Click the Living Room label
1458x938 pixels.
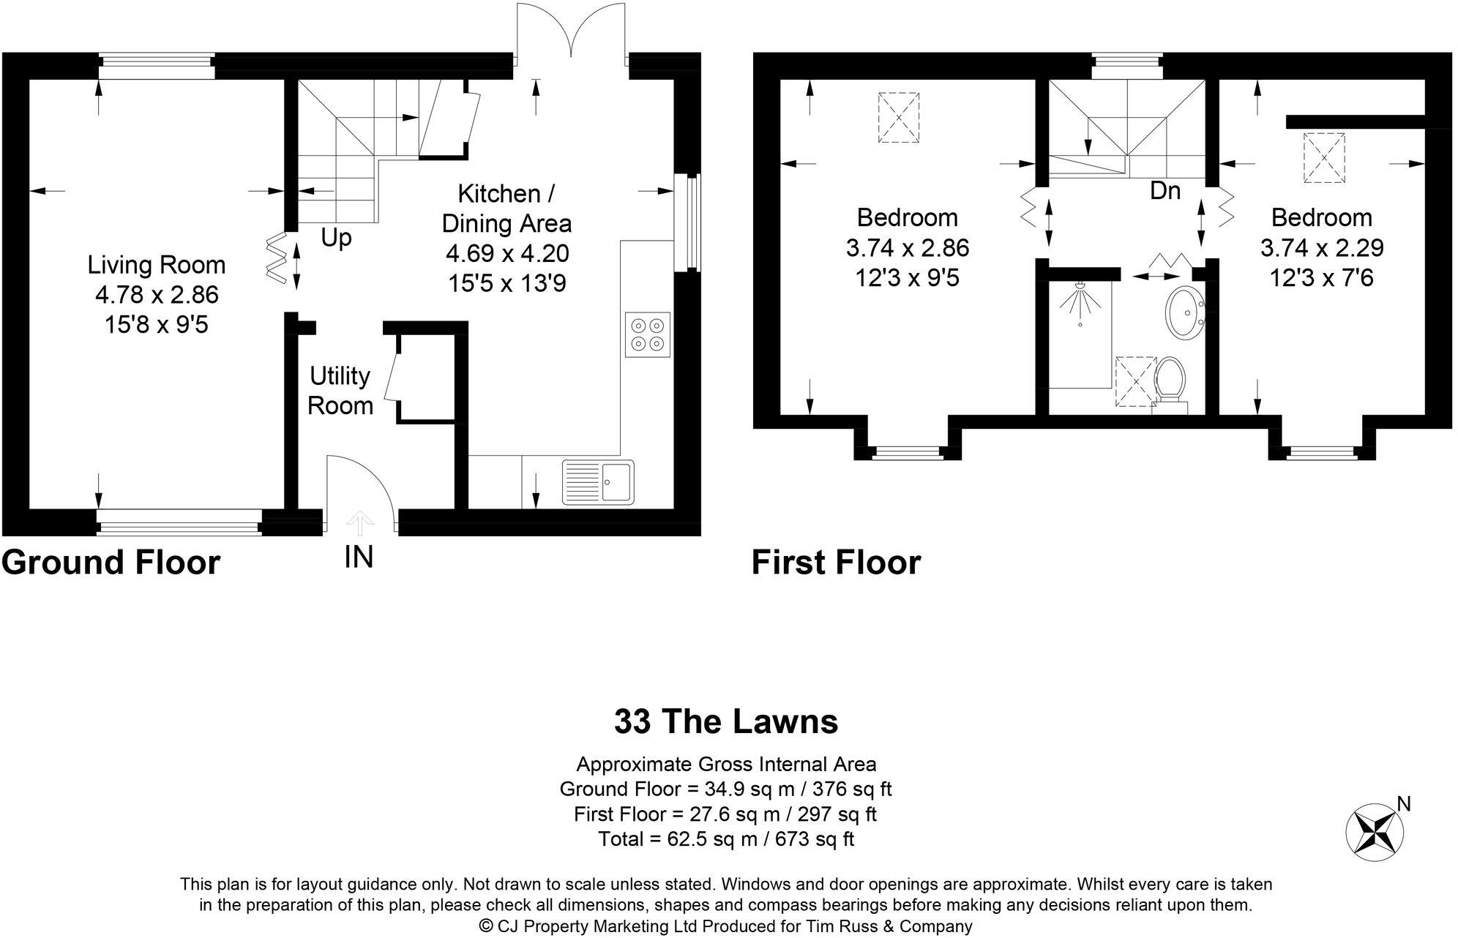tap(157, 265)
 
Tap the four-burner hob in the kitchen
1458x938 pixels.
tap(648, 334)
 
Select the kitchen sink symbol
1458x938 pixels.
tap(598, 482)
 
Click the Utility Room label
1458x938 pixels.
tap(340, 391)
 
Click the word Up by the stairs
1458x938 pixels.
tap(336, 238)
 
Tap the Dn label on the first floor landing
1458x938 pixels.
tap(1165, 191)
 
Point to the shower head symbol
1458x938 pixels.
tap(1080, 301)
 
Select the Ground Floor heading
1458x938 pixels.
tap(111, 563)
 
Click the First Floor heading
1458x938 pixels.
tap(836, 563)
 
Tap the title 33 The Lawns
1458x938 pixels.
tap(725, 721)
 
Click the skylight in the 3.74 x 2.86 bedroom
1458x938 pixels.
tap(898, 117)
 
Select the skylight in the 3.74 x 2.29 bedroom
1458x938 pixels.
tap(1324, 157)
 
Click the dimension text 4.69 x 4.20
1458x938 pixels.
tap(507, 253)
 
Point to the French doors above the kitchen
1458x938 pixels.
tap(571, 33)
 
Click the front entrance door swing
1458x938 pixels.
tap(360, 487)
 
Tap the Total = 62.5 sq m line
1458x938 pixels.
tap(725, 838)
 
